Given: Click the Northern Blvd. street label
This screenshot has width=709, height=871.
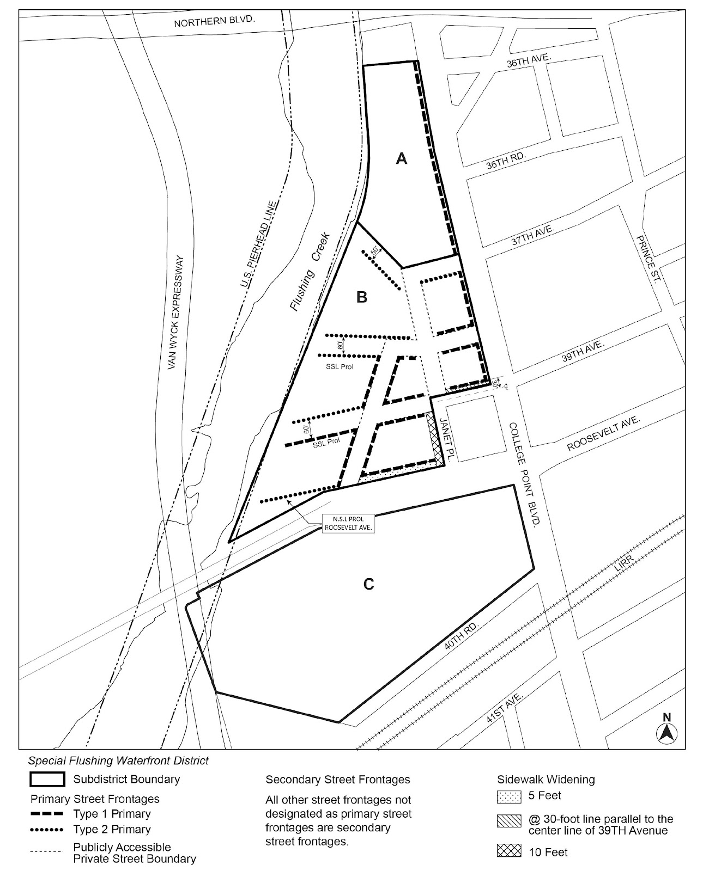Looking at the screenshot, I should coord(214,22).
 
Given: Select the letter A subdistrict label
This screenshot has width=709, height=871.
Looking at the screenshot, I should coord(402,158).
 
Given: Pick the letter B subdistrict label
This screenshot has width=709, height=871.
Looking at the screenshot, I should coord(361,297).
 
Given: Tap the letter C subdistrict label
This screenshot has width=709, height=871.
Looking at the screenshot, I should coord(368,584).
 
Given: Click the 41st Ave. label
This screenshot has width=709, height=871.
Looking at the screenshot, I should coord(506,708).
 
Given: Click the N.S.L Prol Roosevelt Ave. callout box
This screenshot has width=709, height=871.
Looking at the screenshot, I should coord(348,524).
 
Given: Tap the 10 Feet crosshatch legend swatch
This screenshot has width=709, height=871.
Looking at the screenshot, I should coord(509,851).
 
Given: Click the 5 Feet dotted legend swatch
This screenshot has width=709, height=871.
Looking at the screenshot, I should coord(509,796).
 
